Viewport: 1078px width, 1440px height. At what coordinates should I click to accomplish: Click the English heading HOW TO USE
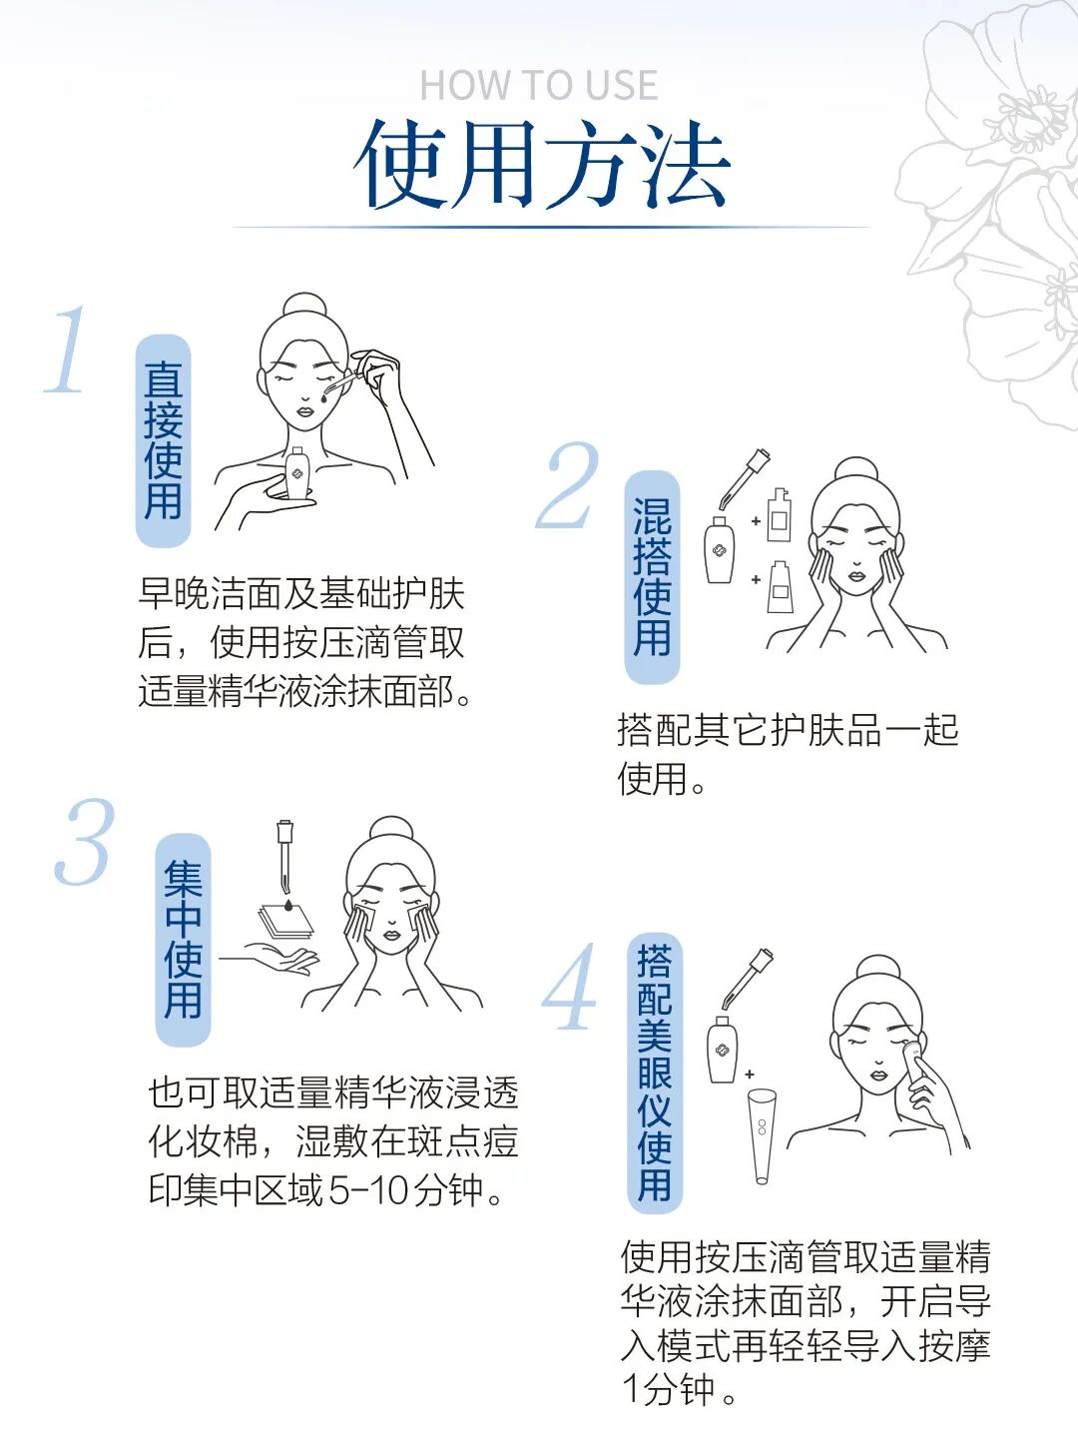[x=538, y=86]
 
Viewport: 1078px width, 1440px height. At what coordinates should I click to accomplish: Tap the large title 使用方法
[x=542, y=166]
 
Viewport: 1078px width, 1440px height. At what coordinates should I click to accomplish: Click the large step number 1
[x=68, y=352]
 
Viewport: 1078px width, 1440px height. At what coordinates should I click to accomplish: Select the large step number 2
[x=566, y=486]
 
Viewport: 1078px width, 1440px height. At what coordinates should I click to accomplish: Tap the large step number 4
[x=570, y=989]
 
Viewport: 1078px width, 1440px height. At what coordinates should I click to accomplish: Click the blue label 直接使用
[x=163, y=440]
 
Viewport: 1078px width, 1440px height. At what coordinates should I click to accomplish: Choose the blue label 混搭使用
[x=652, y=577]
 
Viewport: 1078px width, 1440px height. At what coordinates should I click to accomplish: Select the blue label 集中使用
[x=183, y=940]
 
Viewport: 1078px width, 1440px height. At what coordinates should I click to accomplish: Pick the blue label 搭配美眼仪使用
[x=654, y=1073]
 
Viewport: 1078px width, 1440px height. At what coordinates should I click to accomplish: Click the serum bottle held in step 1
[x=296, y=473]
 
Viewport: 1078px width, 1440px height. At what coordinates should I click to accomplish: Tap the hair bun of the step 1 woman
[x=304, y=305]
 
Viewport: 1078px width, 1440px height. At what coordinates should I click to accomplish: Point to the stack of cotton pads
[x=286, y=922]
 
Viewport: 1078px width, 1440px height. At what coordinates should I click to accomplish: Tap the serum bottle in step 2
[x=719, y=548]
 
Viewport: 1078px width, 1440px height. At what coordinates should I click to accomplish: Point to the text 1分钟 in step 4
[x=669, y=1389]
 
